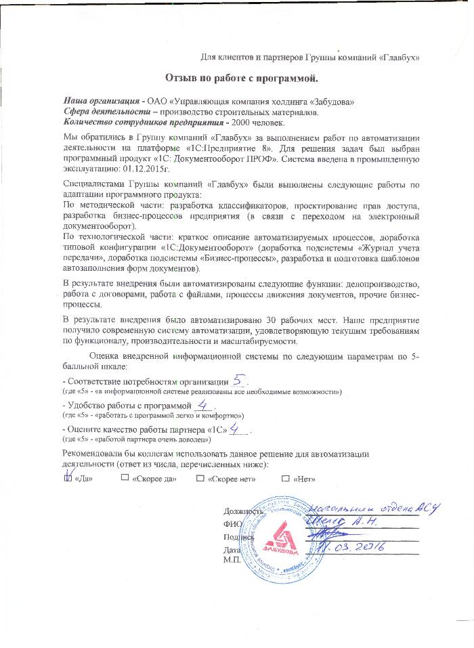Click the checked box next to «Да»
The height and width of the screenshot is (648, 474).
tap(67, 477)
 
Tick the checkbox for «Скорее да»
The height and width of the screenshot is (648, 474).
tap(125, 478)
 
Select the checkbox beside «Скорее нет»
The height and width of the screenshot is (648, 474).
tap(200, 478)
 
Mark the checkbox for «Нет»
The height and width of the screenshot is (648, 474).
tap(286, 478)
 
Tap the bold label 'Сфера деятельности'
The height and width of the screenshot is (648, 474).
tap(103, 112)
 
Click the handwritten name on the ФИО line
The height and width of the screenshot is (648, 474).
tap(342, 523)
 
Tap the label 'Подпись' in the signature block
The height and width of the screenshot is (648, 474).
tap(238, 536)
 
